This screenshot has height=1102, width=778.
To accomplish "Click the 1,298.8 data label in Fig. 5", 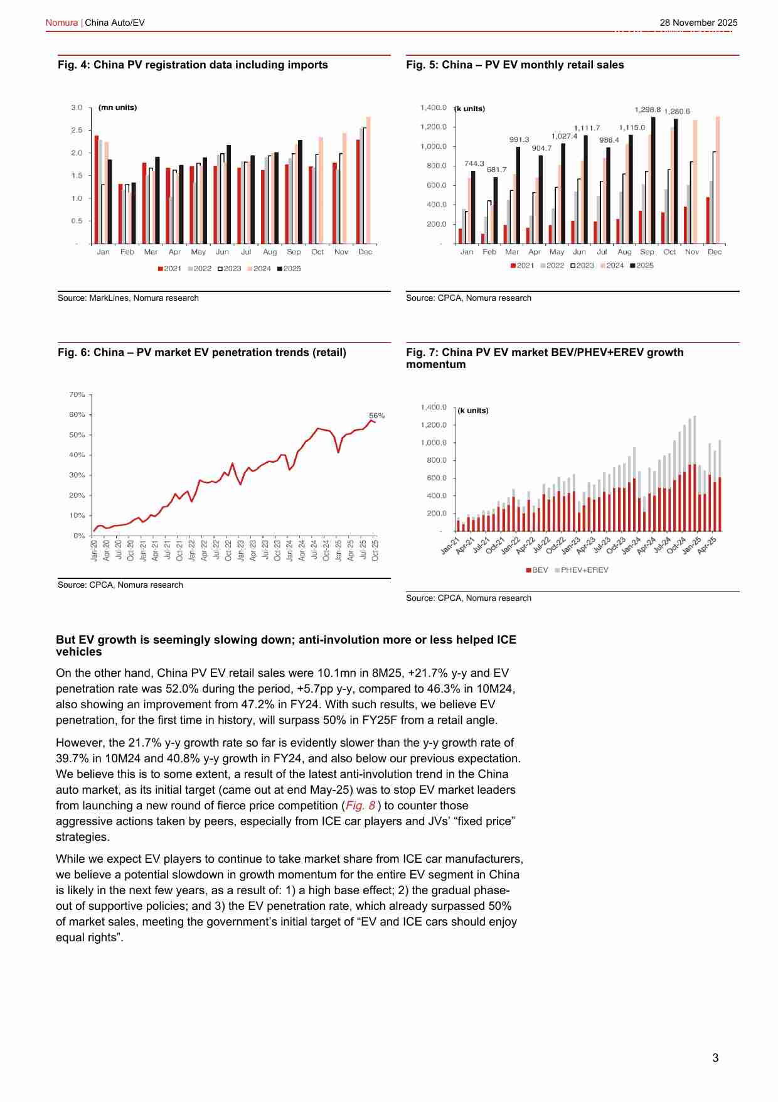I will [647, 110].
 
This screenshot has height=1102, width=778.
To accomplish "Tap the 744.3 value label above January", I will [474, 163].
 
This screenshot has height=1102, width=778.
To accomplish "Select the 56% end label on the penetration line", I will [376, 416].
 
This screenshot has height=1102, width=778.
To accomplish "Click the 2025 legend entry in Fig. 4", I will [289, 269].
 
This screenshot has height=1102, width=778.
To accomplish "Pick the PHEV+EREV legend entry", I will [582, 570].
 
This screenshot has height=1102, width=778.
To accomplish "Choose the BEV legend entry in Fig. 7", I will [537, 570].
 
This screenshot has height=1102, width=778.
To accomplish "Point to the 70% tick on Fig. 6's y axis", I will [77, 394].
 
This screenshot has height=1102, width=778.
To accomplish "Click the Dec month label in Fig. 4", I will [365, 252].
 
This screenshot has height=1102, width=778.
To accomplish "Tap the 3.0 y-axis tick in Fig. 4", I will [77, 107].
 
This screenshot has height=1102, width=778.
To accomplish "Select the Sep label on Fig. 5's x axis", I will [647, 252].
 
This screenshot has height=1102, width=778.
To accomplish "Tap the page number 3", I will [715, 1058].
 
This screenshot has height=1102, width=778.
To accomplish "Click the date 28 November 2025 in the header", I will [698, 23].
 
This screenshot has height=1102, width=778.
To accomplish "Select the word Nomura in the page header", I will [61, 23].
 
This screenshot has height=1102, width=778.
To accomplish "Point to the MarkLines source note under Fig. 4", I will [128, 298].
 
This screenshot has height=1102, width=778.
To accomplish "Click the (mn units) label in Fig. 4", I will [117, 107].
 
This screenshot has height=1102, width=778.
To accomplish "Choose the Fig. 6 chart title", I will [201, 353].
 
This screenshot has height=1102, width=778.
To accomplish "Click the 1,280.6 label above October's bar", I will [677, 112].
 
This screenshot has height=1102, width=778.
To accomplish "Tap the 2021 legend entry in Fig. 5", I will [523, 266].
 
